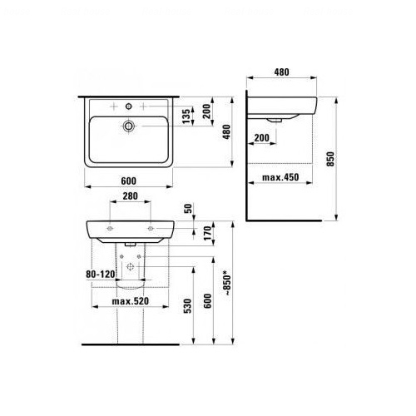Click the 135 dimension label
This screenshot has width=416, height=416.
point(186,116)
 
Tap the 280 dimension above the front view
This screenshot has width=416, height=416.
point(130,196)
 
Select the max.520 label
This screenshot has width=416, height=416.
point(131,301)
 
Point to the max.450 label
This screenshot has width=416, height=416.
point(280,177)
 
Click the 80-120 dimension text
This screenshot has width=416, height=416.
point(101,275)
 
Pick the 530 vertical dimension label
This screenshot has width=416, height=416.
point(188,306)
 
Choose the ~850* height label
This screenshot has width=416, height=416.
point(227,285)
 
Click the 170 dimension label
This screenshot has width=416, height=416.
point(207,233)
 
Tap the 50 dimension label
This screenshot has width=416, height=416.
point(188,208)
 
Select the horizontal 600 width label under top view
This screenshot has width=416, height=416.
point(129,181)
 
